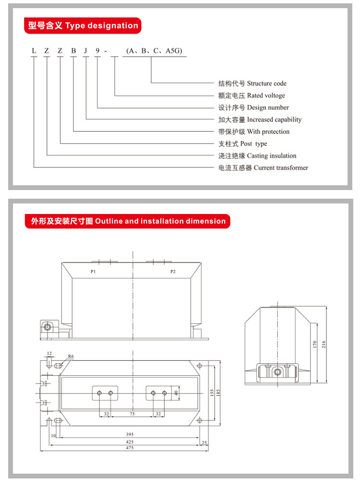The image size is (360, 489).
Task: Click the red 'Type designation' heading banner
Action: [82, 25]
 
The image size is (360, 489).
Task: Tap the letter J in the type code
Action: [85, 50]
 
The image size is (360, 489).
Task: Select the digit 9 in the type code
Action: [98, 50]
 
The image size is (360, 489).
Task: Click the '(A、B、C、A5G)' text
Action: [154, 50]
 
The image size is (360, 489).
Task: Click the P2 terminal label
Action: [173, 272]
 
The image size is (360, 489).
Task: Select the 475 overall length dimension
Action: [129, 448]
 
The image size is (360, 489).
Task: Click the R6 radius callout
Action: [71, 357]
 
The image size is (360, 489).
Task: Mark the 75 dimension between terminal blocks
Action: [132, 413]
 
